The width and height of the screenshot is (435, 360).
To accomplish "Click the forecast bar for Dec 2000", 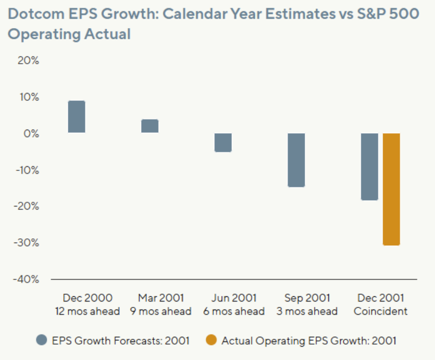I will [x=76, y=117].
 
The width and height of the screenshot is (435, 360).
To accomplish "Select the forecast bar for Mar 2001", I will [x=150, y=126].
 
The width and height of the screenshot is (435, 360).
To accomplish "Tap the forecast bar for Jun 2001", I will [x=223, y=142].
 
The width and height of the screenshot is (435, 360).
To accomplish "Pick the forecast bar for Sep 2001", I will [x=296, y=160].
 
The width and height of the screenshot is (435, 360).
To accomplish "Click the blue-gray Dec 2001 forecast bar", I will [x=369, y=166].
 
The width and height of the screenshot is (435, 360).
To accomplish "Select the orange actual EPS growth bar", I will [x=391, y=189].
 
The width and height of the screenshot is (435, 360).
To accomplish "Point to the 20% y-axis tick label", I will [x=29, y=61].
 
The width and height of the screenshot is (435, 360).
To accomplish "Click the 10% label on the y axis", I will [x=29, y=97].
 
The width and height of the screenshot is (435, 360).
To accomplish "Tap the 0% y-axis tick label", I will [x=31, y=133].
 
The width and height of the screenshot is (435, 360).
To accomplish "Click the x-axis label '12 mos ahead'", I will [x=88, y=311].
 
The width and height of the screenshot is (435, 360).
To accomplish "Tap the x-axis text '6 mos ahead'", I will [x=234, y=311].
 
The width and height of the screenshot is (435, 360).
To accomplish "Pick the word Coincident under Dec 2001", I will [x=380, y=311].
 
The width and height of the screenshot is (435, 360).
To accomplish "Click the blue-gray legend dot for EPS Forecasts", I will [x=42, y=340].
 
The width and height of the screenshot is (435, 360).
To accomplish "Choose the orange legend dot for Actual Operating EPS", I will [x=211, y=340].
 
